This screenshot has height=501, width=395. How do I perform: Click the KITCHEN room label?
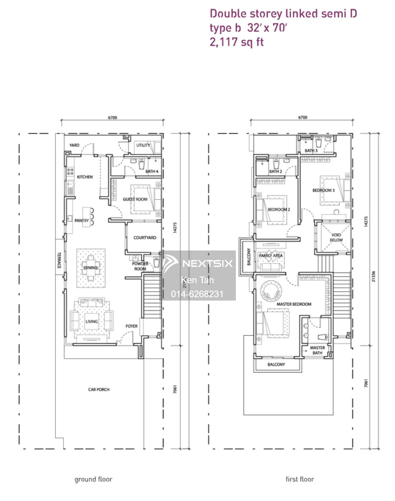pyautogui.click(x=85, y=177)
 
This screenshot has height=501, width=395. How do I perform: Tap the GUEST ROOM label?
pyautogui.click(x=135, y=199)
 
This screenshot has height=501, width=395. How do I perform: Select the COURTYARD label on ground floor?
pyautogui.click(x=145, y=237)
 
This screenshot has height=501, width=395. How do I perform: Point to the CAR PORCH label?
pyautogui.click(x=99, y=389)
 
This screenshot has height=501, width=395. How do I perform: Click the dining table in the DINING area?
pyautogui.click(x=91, y=268)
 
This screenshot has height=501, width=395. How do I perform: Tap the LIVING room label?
pyautogui.click(x=91, y=321)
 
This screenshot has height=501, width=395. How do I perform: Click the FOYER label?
pyautogui.click(x=131, y=326)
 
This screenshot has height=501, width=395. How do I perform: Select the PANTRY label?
pyautogui.click(x=81, y=220)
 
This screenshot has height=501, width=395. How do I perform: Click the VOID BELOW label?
pyautogui.click(x=336, y=237)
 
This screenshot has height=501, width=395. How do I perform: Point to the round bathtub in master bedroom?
pyautogui.click(x=271, y=291)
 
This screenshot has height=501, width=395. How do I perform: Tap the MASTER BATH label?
pyautogui.click(x=317, y=350)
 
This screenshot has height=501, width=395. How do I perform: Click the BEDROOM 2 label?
pyautogui.click(x=279, y=209)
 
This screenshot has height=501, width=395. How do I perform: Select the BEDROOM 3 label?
pyautogui.click(x=323, y=190)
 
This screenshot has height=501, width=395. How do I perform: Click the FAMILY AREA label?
pyautogui.click(x=271, y=256)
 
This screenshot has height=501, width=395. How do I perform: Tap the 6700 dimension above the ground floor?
pyautogui.click(x=112, y=118)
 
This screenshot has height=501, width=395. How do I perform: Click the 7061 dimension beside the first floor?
pyautogui.click(x=366, y=383)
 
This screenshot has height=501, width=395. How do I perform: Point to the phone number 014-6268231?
pyautogui.click(x=197, y=294)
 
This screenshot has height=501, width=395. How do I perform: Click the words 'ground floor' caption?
pyautogui.click(x=93, y=479)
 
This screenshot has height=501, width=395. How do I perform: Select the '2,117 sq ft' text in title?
pyautogui.click(x=237, y=42)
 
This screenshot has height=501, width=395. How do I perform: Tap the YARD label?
pyautogui.click(x=74, y=145)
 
